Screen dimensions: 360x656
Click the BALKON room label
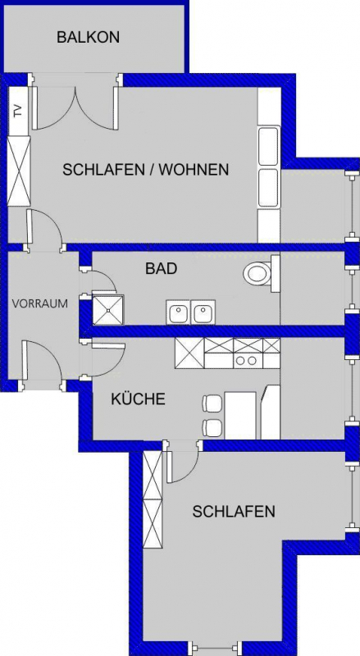click(x=88, y=37)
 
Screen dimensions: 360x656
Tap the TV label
click(x=17, y=111)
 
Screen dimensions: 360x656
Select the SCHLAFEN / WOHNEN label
click(x=146, y=170)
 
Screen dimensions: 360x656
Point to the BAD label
click(x=161, y=268)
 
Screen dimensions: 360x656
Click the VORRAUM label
click(x=39, y=303)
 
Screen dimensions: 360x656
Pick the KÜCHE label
click(x=138, y=399)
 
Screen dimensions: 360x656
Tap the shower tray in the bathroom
click(x=108, y=310)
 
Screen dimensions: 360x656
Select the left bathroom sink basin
click(x=179, y=312)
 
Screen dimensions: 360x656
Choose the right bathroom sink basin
click(x=203, y=312)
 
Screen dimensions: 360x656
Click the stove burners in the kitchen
click(x=246, y=360)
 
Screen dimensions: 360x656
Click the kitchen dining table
click(x=240, y=416)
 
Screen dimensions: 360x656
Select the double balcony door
click(x=75, y=107)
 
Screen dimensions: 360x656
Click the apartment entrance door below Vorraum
click(x=42, y=365)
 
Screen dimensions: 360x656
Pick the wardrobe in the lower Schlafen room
click(x=153, y=500)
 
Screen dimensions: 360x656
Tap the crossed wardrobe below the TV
click(x=19, y=171)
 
